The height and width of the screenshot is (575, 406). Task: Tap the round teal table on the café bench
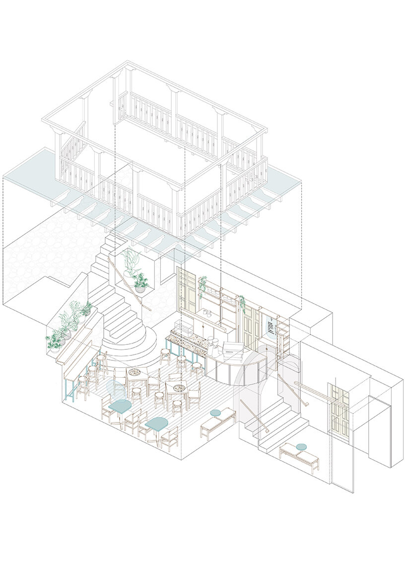[x=215, y=412]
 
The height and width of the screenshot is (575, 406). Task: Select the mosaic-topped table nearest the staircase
[x=134, y=373]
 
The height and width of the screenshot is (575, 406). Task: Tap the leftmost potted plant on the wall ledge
[x=54, y=341]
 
